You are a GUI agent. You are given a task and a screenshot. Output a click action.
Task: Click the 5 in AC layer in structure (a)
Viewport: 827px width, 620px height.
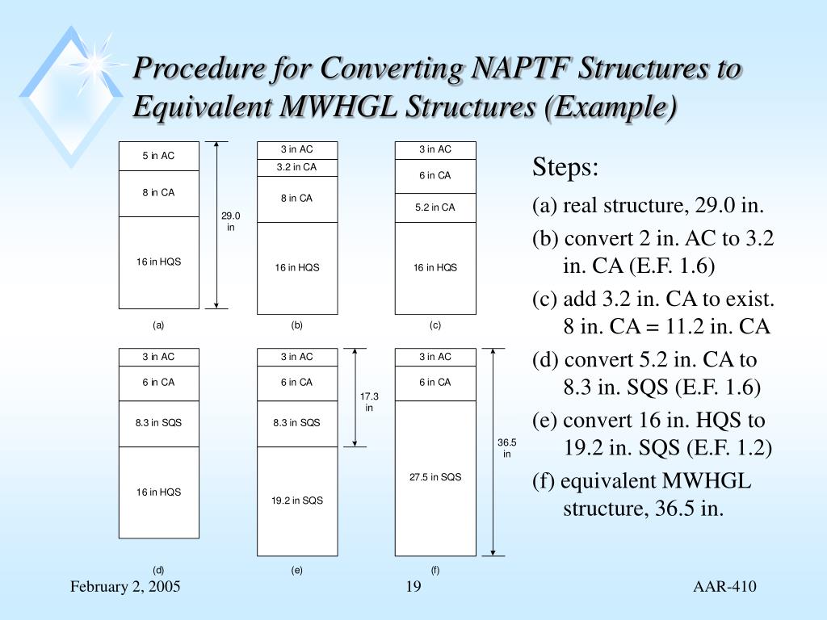click(158, 156)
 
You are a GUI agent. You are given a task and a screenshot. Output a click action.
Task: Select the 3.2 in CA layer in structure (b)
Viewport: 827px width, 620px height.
click(296, 167)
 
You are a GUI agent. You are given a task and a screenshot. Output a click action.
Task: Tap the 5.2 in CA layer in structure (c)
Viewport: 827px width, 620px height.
click(435, 207)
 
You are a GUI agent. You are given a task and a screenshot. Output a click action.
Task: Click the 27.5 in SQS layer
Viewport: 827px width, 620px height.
click(435, 477)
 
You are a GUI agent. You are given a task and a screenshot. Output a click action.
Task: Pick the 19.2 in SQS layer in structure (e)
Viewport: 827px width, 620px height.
click(296, 501)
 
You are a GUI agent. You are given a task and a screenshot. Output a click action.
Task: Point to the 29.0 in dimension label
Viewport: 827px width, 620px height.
click(230, 221)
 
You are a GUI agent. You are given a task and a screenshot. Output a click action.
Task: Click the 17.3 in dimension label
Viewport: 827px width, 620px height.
click(369, 401)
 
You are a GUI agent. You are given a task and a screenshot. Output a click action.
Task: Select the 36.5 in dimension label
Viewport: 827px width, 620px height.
click(506, 448)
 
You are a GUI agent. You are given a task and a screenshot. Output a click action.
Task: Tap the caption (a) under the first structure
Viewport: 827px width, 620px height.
click(158, 325)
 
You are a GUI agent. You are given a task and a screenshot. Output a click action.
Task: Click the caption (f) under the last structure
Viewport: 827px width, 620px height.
click(435, 570)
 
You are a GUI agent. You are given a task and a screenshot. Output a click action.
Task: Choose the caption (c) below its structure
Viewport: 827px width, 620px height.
click(435, 325)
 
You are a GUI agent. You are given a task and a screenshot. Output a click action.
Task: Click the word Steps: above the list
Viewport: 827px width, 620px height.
click(565, 169)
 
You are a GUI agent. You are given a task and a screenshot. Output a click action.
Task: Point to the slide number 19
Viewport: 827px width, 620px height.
click(413, 587)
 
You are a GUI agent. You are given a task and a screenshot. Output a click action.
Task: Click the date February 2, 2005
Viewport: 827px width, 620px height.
click(125, 587)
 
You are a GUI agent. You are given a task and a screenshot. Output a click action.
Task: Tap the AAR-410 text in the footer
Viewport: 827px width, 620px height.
click(725, 587)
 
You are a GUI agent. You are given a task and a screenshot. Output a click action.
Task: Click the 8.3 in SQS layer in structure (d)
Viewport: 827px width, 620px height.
click(158, 423)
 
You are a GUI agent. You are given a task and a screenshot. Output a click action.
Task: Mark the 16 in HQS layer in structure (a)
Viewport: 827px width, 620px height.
click(158, 262)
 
